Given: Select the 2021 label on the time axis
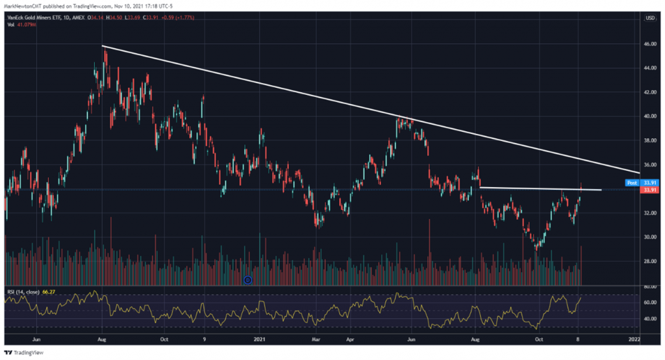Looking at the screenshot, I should click(x=259, y=339).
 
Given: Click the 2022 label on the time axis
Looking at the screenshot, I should click(x=634, y=339).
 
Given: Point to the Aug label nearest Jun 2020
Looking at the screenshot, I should click(x=101, y=339).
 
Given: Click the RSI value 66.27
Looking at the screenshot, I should click(x=47, y=292).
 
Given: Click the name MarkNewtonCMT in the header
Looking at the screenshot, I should click(x=25, y=6).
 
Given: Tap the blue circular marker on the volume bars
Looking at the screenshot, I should click(x=247, y=280).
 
